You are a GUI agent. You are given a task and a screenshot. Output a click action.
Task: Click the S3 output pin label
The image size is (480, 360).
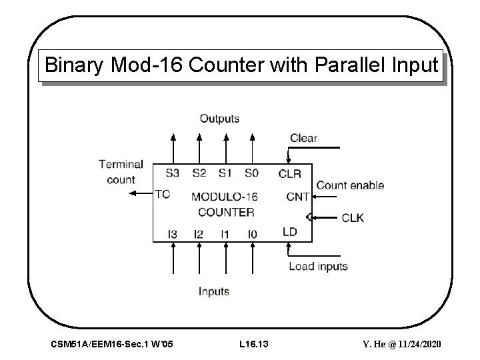point(172,173)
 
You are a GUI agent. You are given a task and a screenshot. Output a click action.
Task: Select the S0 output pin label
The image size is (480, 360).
point(251,173)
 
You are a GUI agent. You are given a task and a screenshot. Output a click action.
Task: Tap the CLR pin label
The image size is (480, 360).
point(289,174)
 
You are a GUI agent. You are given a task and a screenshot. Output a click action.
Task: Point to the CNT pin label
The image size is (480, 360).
point(297,197)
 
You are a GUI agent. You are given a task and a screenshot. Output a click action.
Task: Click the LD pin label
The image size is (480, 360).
point(289,232)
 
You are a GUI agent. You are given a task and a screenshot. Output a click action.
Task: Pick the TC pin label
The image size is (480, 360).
point(162,194)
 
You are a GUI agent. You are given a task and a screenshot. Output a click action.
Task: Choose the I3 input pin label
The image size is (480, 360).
point(172,234)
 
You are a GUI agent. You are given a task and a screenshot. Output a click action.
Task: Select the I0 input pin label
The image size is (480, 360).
point(251,234)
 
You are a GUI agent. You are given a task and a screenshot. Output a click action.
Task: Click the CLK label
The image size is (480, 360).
point(353,217)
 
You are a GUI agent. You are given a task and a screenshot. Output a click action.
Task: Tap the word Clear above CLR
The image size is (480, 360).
point(303,138)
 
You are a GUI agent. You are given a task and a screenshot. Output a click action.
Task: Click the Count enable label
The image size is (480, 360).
point(350,185)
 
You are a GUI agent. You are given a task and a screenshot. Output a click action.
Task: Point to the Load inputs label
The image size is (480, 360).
point(318,267)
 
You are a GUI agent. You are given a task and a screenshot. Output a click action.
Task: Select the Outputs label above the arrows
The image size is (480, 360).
point(219,119)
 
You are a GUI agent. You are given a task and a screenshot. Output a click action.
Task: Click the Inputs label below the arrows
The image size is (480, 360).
point(213,291)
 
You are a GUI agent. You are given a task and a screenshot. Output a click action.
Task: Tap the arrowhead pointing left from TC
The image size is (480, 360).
point(131,194)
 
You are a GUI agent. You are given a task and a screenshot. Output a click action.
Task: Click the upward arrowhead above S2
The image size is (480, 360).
point(199,137)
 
